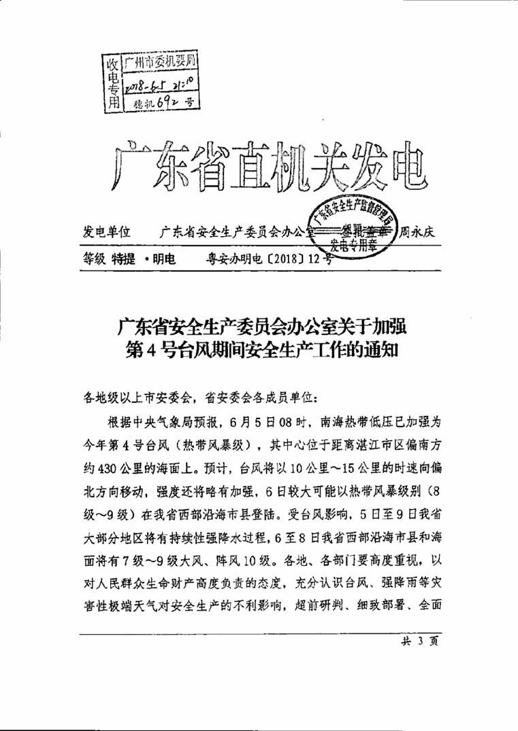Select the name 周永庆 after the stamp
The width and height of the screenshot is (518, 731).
point(417,232)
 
